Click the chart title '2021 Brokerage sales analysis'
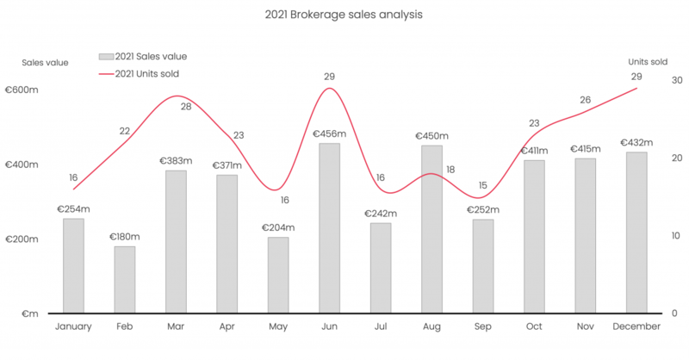345,15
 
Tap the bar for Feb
125,279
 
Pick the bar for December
636,232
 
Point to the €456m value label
329,133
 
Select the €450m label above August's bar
431,135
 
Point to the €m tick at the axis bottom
29,313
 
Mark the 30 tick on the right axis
677,80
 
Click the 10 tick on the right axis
676,235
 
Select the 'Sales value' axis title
45,62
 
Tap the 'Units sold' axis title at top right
648,61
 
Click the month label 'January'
73,327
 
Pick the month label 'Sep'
483,327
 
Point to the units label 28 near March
186,107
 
